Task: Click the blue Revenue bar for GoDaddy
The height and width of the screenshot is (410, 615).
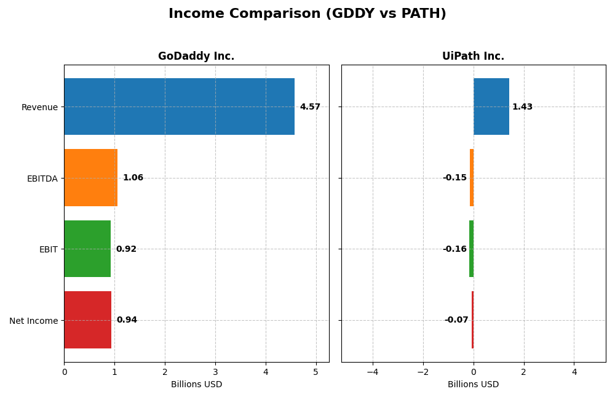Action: (179, 107)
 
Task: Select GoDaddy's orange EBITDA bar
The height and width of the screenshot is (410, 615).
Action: (90, 178)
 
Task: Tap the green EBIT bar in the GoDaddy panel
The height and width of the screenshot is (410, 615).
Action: (87, 249)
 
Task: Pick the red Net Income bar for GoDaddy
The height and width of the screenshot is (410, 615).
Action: (87, 320)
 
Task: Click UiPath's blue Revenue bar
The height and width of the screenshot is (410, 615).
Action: (491, 107)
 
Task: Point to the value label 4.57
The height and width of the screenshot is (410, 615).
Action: (310, 107)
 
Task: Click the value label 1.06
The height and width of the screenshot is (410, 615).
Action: (133, 178)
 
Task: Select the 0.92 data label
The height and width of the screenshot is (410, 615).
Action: (126, 249)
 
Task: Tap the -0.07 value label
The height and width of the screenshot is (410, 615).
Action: (456, 320)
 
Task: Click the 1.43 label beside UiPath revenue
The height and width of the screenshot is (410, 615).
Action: (522, 107)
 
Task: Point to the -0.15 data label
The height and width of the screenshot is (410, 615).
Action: (454, 178)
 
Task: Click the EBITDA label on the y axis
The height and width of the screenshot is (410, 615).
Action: (42, 179)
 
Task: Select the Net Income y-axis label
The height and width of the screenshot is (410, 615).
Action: (34, 321)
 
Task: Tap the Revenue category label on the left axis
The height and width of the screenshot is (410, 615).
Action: (39, 107)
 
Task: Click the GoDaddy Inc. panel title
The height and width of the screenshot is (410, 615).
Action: (196, 57)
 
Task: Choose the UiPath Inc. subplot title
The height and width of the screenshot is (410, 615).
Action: (473, 57)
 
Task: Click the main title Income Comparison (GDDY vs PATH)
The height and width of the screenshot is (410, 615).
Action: (307, 14)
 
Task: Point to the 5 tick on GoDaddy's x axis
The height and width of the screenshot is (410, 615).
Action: (316, 372)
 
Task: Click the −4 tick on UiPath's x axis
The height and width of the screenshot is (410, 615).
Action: (373, 372)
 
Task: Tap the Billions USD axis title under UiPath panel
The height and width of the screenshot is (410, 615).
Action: (473, 385)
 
